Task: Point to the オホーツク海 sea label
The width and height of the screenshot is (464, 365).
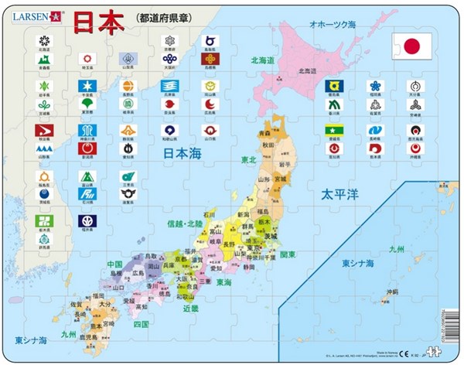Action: pos(332,25)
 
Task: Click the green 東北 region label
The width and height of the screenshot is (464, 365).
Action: pos(248,159)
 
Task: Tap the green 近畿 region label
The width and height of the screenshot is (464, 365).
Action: pos(190,308)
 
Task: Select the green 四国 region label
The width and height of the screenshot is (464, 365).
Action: pos(140,323)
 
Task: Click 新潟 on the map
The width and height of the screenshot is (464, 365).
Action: pos(244,213)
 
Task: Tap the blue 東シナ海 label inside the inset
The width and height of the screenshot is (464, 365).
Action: pos(360,264)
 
